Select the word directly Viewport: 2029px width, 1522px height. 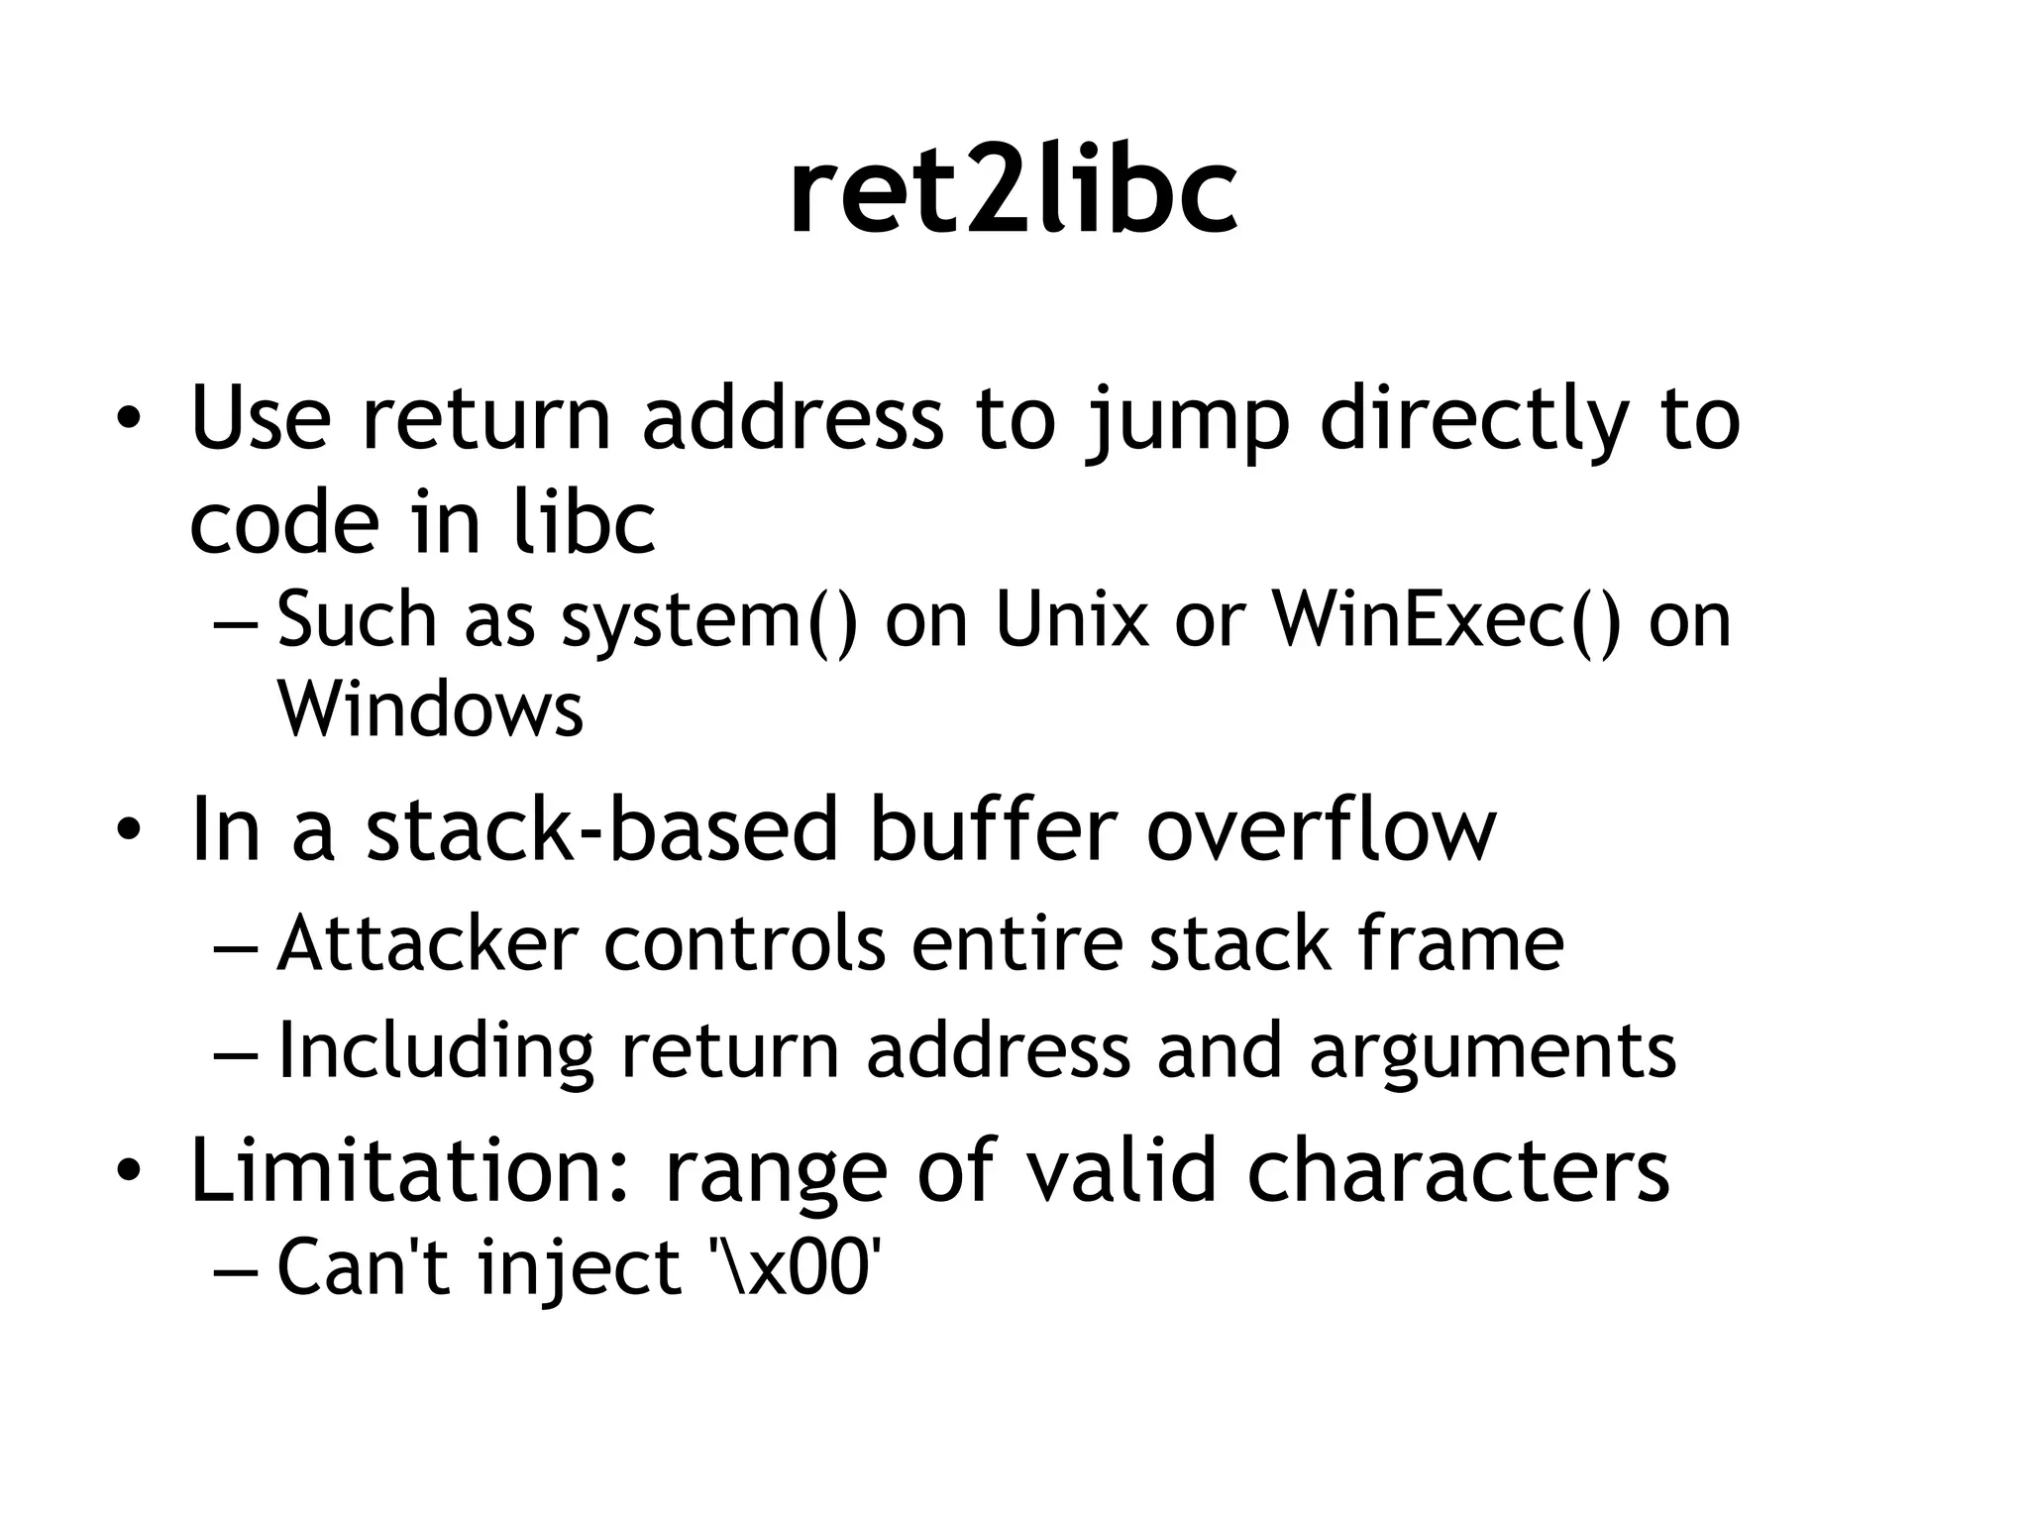(x=1474, y=420)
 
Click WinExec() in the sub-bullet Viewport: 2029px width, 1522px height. (x=1447, y=621)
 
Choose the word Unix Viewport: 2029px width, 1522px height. (x=1072, y=621)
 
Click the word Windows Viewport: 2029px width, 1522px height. (x=430, y=709)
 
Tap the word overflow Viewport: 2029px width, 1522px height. (x=1321, y=830)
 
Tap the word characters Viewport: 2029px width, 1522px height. (x=1457, y=1170)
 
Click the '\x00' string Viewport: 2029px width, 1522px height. (x=796, y=1267)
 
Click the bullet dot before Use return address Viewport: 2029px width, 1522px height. (x=128, y=420)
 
